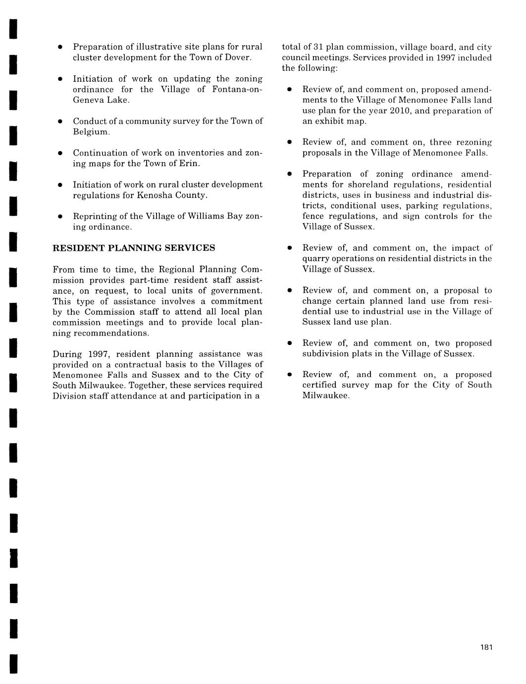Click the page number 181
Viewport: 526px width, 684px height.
tap(486, 647)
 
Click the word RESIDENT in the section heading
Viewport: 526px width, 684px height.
tap(76, 248)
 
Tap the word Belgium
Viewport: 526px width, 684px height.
tap(91, 132)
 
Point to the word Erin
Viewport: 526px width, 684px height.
tap(189, 164)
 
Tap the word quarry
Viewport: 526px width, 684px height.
tap(316, 259)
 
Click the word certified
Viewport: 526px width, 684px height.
tap(319, 385)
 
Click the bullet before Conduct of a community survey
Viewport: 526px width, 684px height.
tap(59, 121)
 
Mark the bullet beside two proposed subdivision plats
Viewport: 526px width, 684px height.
tap(289, 343)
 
